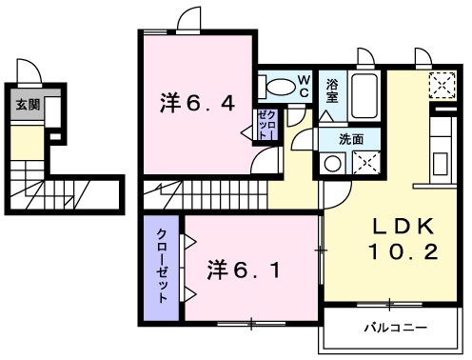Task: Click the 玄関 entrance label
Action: pos(28,105)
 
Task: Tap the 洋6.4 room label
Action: pos(197,103)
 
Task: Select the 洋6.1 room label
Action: pos(244,270)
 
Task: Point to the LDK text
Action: pos(403,226)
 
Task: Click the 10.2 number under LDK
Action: pos(403,251)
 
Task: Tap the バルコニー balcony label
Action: pos(396,328)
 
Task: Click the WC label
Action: pos(304,87)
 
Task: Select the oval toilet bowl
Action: pos(281,87)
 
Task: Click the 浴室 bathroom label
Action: pos(332,91)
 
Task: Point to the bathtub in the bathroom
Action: pos(364,95)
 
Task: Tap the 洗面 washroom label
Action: pos(351,139)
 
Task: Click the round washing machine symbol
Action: pos(332,164)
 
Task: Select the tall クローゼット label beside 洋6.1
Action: pos(162,266)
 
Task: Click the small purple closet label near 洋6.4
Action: pos(267,125)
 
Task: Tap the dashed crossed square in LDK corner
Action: pos(442,85)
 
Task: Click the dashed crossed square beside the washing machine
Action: pos(366,163)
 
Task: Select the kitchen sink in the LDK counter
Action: pos(440,163)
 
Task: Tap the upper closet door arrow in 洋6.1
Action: pos(189,242)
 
